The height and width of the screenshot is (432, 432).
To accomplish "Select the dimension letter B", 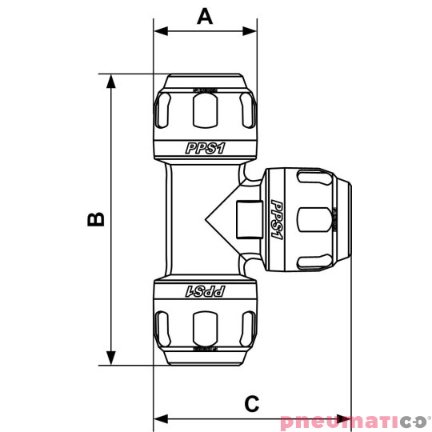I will tap(95, 219).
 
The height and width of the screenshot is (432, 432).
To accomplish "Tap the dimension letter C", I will tap(252, 403).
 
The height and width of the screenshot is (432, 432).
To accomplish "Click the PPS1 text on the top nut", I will tap(205, 148).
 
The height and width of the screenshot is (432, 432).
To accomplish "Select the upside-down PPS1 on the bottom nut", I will tap(205, 291).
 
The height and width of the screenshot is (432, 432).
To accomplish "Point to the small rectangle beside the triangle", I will tap(246, 219).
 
